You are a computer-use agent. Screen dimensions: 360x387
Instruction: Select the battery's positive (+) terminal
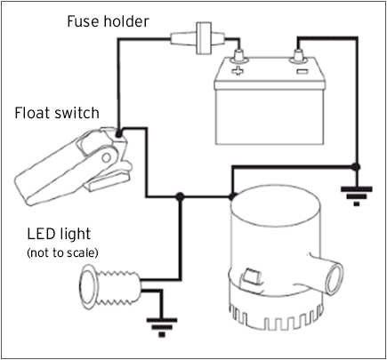click(238, 61)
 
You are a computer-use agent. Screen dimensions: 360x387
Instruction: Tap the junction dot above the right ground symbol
click(355, 165)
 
